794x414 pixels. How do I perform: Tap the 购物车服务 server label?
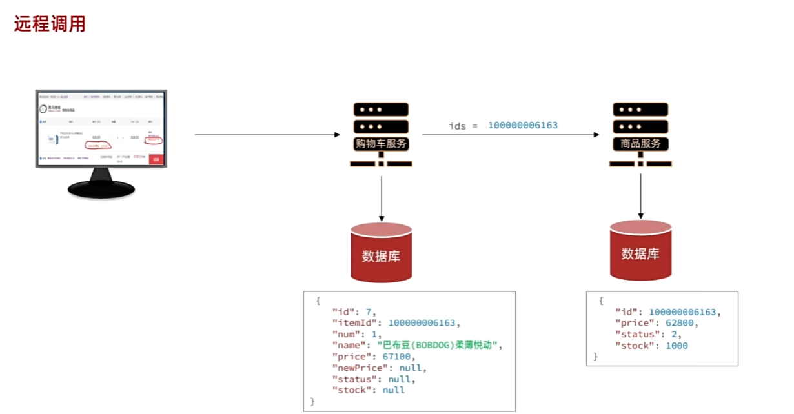coord(382,143)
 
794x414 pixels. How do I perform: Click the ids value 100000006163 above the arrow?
coord(522,125)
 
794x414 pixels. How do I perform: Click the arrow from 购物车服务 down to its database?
coord(382,197)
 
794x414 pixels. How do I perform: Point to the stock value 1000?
coord(677,346)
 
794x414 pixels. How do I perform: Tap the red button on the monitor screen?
coord(156,159)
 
